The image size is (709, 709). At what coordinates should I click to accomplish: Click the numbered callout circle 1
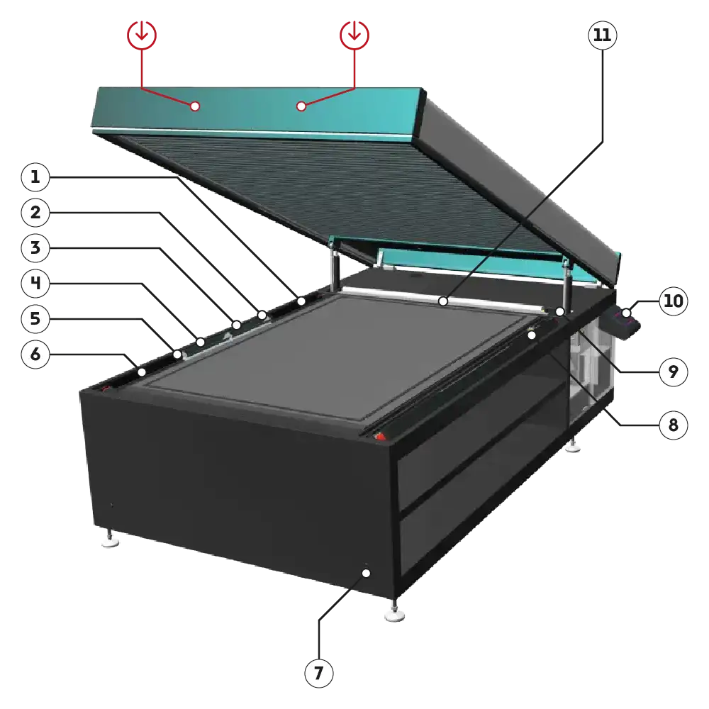35,177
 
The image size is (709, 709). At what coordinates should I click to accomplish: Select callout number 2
35,213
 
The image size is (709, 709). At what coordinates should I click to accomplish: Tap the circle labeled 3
35,247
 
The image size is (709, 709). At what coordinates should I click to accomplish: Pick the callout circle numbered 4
35,283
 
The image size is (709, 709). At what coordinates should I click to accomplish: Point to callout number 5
35,319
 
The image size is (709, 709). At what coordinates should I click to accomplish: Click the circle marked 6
35,354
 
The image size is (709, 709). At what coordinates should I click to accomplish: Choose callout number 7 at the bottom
319,674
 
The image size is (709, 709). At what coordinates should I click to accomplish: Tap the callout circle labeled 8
674,425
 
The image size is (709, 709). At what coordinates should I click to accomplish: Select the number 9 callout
674,372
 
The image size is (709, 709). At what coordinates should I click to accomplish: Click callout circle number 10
674,301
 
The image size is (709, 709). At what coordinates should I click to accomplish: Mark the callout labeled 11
602,35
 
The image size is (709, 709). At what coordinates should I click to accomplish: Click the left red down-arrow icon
142,35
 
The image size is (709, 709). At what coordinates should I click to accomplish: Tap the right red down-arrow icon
354,35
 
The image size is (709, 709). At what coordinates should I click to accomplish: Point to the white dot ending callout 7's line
367,574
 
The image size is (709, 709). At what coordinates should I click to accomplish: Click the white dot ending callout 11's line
443,301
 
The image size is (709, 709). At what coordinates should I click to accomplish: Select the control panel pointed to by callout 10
625,322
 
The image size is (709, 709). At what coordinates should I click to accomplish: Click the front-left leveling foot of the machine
111,538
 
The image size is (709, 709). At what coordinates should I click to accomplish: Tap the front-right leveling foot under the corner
394,611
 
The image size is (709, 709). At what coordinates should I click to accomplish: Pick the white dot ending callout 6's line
142,372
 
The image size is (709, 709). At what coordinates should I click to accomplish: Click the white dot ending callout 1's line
301,301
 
